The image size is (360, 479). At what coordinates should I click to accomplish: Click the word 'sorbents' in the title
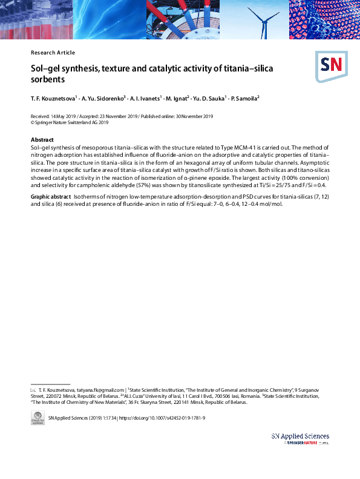click(47, 79)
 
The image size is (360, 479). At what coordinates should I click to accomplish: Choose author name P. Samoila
click(244, 98)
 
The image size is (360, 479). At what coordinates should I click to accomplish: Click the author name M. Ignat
click(176, 98)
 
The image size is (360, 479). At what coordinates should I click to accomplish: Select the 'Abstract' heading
click(42, 140)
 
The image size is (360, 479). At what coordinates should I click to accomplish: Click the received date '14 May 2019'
click(61, 116)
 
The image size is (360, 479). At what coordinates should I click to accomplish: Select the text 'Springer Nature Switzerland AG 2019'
click(71, 122)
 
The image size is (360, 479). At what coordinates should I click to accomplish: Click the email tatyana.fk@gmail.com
click(100, 391)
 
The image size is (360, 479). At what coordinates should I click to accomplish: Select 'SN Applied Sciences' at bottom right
click(300, 436)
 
